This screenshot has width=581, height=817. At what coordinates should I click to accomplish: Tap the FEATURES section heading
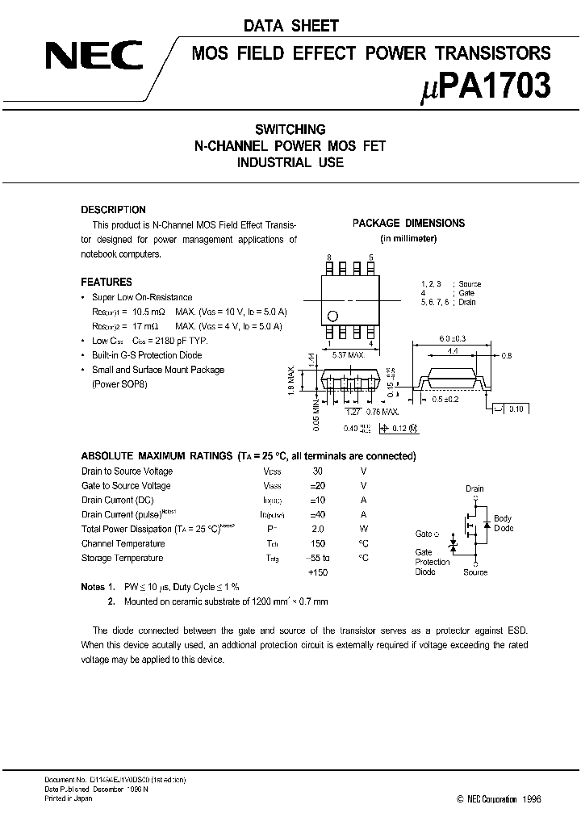click(x=107, y=282)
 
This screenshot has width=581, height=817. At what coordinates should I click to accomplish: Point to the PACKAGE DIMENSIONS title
click(x=408, y=223)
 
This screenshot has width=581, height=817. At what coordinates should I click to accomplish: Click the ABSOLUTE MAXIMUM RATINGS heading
click(x=146, y=456)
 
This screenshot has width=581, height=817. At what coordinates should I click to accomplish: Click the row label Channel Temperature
click(x=122, y=543)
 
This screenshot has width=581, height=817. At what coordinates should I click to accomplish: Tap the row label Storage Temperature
click(x=122, y=558)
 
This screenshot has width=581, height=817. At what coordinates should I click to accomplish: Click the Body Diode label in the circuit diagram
click(x=503, y=523)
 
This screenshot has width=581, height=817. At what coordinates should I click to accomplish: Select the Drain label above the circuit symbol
click(x=474, y=489)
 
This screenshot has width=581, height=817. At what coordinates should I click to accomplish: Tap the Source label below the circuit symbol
click(x=475, y=572)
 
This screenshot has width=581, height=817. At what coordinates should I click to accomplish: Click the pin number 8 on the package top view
click(x=329, y=256)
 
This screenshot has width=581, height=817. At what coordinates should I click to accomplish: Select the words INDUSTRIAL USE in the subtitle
click(x=290, y=162)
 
